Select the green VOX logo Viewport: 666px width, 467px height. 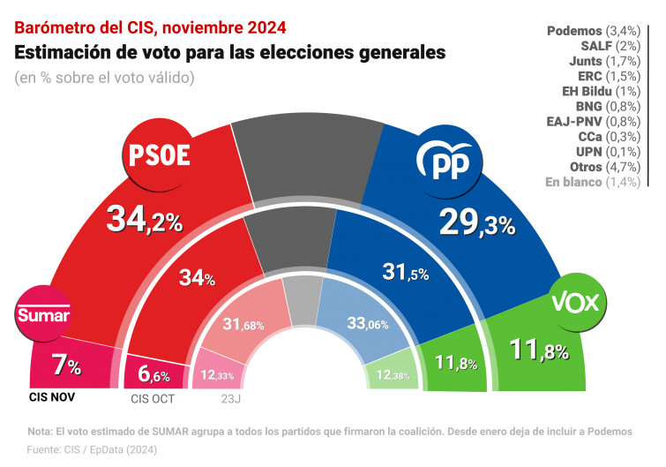[x=575, y=303]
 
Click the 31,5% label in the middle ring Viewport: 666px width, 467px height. [x=406, y=272]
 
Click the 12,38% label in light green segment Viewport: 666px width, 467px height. [x=392, y=377]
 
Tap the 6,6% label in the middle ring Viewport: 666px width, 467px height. [x=153, y=374]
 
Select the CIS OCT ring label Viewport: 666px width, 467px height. [x=153, y=398]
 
